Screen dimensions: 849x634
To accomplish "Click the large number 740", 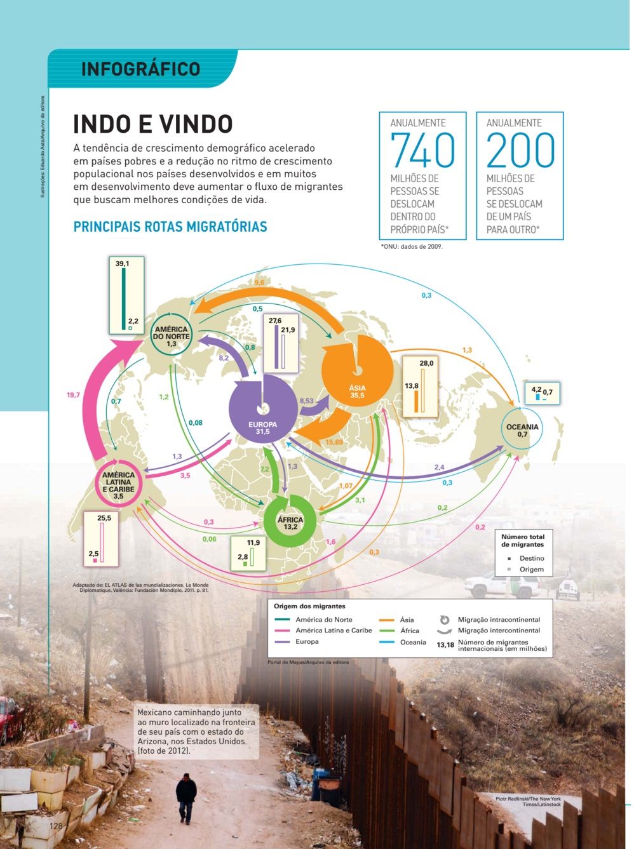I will tap(422, 150).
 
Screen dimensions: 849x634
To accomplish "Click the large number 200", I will tap(520, 150).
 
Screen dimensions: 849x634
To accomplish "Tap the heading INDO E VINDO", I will tap(153, 124).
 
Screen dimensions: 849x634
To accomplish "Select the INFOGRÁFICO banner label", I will tap(140, 69).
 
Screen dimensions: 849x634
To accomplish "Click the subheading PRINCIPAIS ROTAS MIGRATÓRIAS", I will tap(170, 227).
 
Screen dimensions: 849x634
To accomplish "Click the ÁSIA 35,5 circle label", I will tap(357, 391).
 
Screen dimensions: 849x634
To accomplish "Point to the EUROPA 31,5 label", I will tap(262, 428).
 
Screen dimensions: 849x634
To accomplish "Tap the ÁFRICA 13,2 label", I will tap(290, 523).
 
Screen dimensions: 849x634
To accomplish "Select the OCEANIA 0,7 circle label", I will tap(522, 431).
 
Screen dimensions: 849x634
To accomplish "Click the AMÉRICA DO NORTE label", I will tap(172, 336).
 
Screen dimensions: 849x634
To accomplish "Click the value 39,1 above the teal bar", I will tap(123, 263).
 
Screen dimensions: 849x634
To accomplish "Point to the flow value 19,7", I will tap(73, 395).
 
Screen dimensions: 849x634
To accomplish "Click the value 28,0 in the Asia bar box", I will tap(426, 363).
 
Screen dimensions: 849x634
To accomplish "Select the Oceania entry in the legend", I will tap(413, 642).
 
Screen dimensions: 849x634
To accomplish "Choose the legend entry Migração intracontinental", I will tap(499, 620).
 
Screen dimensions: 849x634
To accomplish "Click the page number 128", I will tap(56, 826).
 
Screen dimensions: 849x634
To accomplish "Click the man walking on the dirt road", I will tap(186, 797).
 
